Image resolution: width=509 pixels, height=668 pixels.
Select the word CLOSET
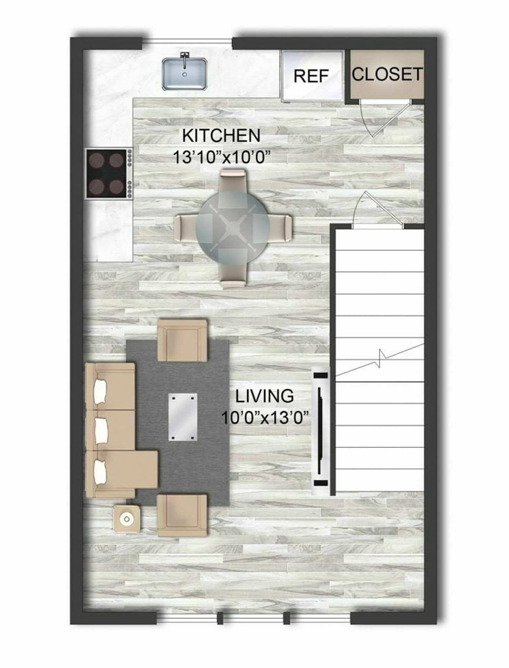[387, 74]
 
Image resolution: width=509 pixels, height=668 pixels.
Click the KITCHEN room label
[221, 135]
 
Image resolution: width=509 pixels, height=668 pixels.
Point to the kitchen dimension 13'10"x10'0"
[222, 157]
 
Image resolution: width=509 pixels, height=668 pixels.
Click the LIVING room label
[264, 396]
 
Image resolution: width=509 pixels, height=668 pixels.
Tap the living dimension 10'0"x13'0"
[265, 417]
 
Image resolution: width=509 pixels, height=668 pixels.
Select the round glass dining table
[232, 228]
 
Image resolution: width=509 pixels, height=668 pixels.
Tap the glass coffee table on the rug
[183, 417]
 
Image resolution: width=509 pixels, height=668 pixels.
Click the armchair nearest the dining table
[182, 341]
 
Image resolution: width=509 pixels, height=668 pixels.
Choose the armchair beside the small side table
[182, 516]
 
